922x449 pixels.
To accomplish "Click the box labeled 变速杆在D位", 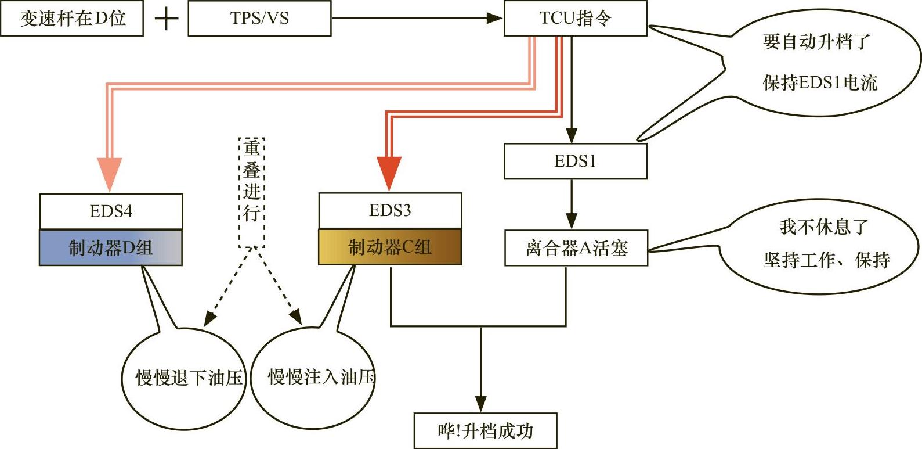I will point(72,19).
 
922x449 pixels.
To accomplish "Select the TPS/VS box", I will point(259,19).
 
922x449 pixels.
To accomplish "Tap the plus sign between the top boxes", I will point(167,19).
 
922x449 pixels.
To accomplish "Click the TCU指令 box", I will point(575,19).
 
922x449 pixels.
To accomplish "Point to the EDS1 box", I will point(575,161).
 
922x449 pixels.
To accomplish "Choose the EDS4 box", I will point(111,211).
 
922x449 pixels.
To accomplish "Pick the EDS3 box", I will point(390,210).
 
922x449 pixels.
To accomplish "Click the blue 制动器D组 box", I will point(111,248).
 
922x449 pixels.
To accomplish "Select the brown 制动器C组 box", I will point(390,247).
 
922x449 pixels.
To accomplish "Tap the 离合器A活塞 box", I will point(576,249).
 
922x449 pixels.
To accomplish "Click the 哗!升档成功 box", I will point(485,431).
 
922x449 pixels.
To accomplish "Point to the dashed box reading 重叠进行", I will point(252,192).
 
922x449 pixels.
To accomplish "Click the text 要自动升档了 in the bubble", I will point(816,42).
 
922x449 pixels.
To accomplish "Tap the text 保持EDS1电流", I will point(819,82).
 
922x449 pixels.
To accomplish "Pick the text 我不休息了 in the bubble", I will point(823,227).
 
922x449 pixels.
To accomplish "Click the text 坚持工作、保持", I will point(826,260).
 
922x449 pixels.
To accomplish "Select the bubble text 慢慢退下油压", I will point(189,378).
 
